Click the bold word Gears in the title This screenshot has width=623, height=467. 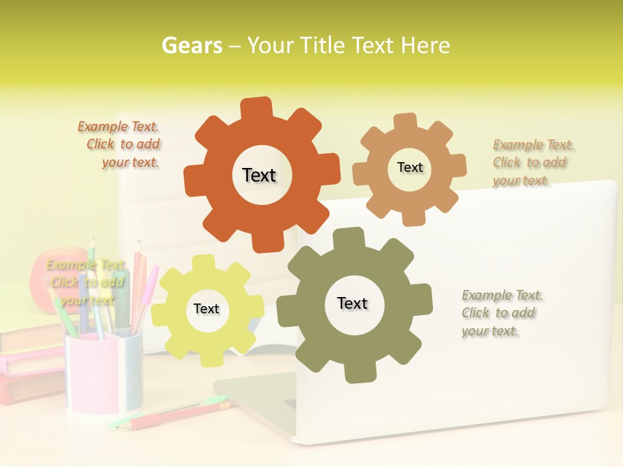[x=191, y=45]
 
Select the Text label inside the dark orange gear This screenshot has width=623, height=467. [x=259, y=175]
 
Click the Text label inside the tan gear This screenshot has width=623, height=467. [x=409, y=167]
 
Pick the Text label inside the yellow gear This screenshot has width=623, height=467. [x=206, y=309]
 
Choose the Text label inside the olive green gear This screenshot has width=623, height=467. [x=352, y=303]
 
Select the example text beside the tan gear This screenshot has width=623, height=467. [x=533, y=162]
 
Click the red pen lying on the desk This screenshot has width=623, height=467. [x=169, y=415]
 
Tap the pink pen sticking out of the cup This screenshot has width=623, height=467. [x=147, y=285]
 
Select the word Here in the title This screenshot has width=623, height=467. [x=425, y=45]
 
